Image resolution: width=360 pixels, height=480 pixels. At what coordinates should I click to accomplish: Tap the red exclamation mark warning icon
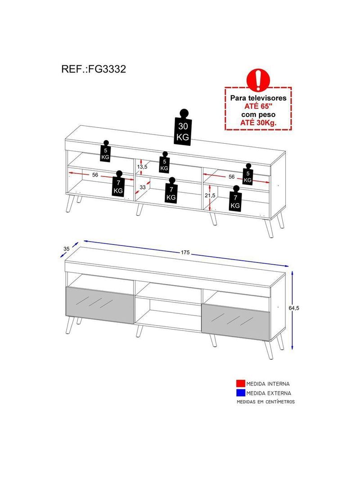[x=258, y=79]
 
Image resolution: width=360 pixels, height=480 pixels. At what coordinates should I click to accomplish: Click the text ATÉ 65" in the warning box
[x=258, y=106]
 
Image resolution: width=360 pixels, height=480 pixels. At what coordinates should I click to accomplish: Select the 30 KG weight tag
[x=183, y=129]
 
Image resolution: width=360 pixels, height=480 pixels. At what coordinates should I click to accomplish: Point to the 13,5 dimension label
[x=143, y=167]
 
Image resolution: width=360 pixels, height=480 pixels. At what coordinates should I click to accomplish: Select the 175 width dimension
[x=185, y=253]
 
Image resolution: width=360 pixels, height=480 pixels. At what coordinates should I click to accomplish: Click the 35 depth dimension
[x=67, y=248]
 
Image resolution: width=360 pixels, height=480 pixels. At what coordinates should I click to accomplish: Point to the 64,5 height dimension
[x=294, y=308]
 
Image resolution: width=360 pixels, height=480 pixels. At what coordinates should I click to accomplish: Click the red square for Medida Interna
[x=241, y=384]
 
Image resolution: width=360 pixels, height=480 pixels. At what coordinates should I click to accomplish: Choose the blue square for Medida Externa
[x=241, y=393]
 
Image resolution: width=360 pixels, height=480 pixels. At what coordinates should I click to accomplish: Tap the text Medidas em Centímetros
[x=265, y=402]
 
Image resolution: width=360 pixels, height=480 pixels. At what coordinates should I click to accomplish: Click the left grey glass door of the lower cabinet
[x=100, y=305]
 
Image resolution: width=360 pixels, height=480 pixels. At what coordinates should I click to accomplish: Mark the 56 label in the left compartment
[x=95, y=175]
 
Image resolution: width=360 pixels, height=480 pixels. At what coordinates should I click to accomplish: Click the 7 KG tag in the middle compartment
[x=171, y=192]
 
